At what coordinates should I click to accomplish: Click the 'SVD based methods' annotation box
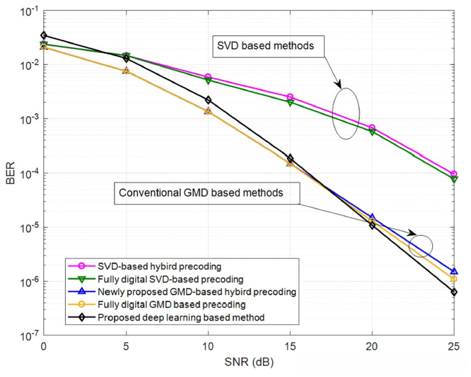268,46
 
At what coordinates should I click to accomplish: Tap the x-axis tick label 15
290,346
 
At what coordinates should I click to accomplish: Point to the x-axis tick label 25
454,346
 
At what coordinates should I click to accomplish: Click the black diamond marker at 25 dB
454,292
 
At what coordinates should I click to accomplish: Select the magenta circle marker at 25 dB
454,174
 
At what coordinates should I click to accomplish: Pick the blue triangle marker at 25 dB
454,271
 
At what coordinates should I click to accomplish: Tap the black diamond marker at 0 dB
43,35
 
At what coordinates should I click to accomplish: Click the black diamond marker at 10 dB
208,100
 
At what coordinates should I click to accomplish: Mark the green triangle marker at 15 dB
290,102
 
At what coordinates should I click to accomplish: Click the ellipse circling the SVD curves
346,113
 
